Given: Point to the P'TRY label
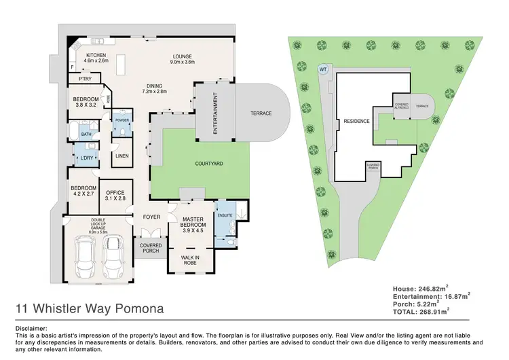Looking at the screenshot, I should click(86, 79).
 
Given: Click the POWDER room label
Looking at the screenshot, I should click(121, 120).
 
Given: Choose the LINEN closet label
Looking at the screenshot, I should click(121, 156).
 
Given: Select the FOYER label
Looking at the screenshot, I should click(151, 217).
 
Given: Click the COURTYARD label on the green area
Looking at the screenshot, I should click(210, 164).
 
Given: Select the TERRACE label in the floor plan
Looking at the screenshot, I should click(261, 113).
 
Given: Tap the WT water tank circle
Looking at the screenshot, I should click(322, 69).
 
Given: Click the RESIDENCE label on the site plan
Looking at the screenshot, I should click(356, 121).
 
